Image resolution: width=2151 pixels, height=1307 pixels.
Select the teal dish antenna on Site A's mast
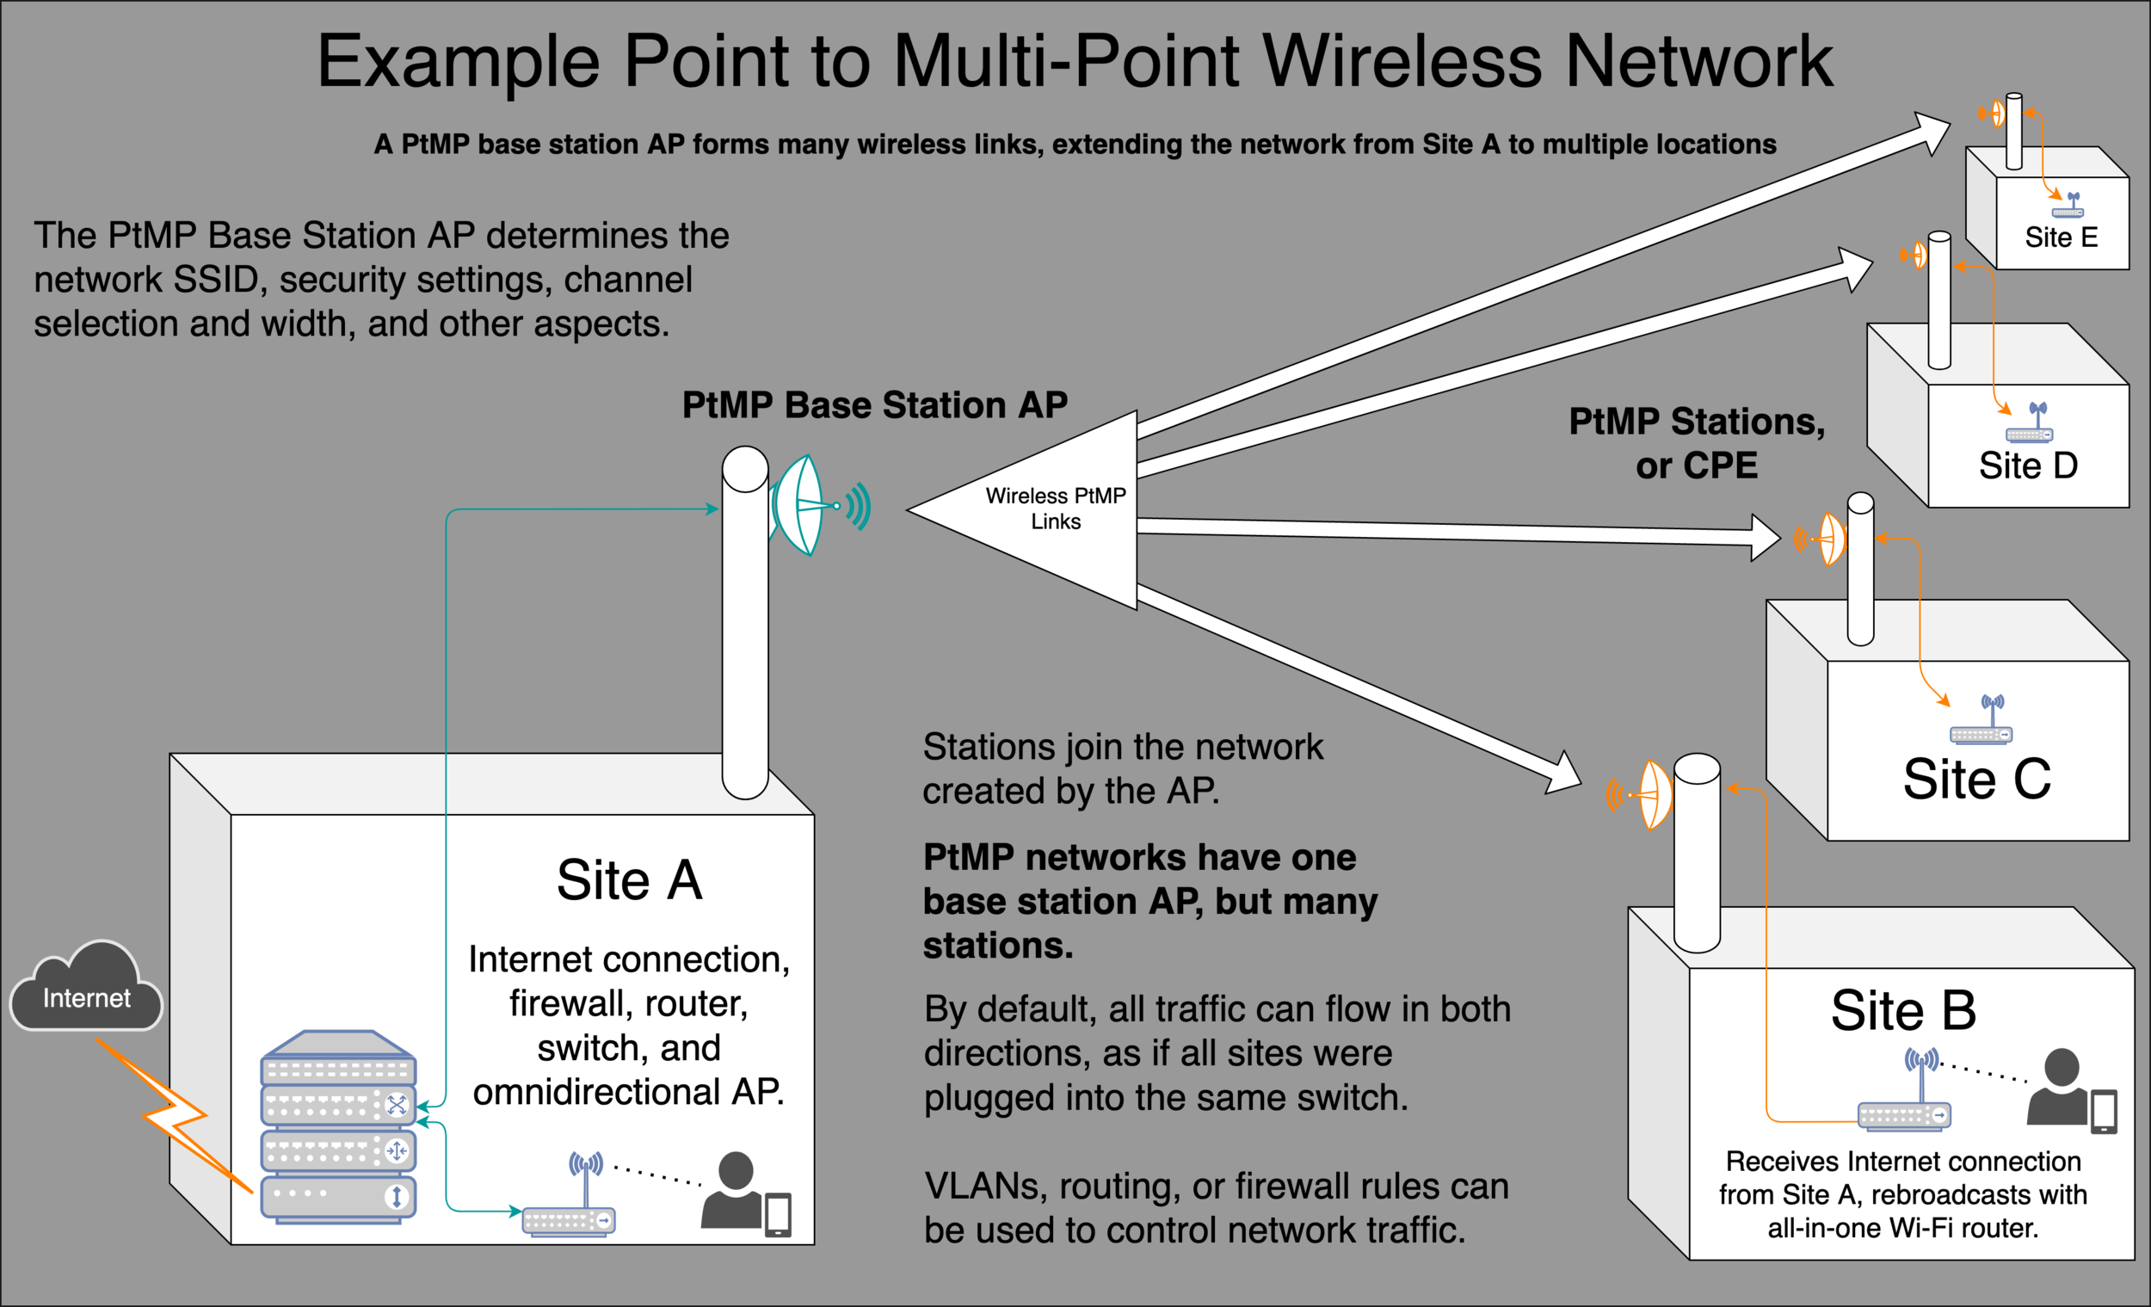(x=799, y=506)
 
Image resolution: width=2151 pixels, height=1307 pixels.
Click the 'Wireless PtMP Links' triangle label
(x=1055, y=509)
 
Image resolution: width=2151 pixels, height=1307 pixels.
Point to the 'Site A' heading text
(x=629, y=879)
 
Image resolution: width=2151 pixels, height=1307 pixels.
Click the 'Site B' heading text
(x=1903, y=1010)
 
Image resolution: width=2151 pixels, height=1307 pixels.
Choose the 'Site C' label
(x=1976, y=779)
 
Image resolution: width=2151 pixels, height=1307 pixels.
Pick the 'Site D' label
(x=2027, y=465)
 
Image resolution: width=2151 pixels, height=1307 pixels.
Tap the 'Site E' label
(x=2060, y=237)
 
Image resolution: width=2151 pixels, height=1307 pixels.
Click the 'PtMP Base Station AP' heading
(x=874, y=405)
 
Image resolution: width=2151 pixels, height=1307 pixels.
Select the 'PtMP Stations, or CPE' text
(x=1696, y=442)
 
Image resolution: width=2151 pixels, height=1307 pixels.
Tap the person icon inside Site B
(x=2059, y=1087)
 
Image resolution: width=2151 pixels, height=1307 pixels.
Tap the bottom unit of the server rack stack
(x=338, y=1195)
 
